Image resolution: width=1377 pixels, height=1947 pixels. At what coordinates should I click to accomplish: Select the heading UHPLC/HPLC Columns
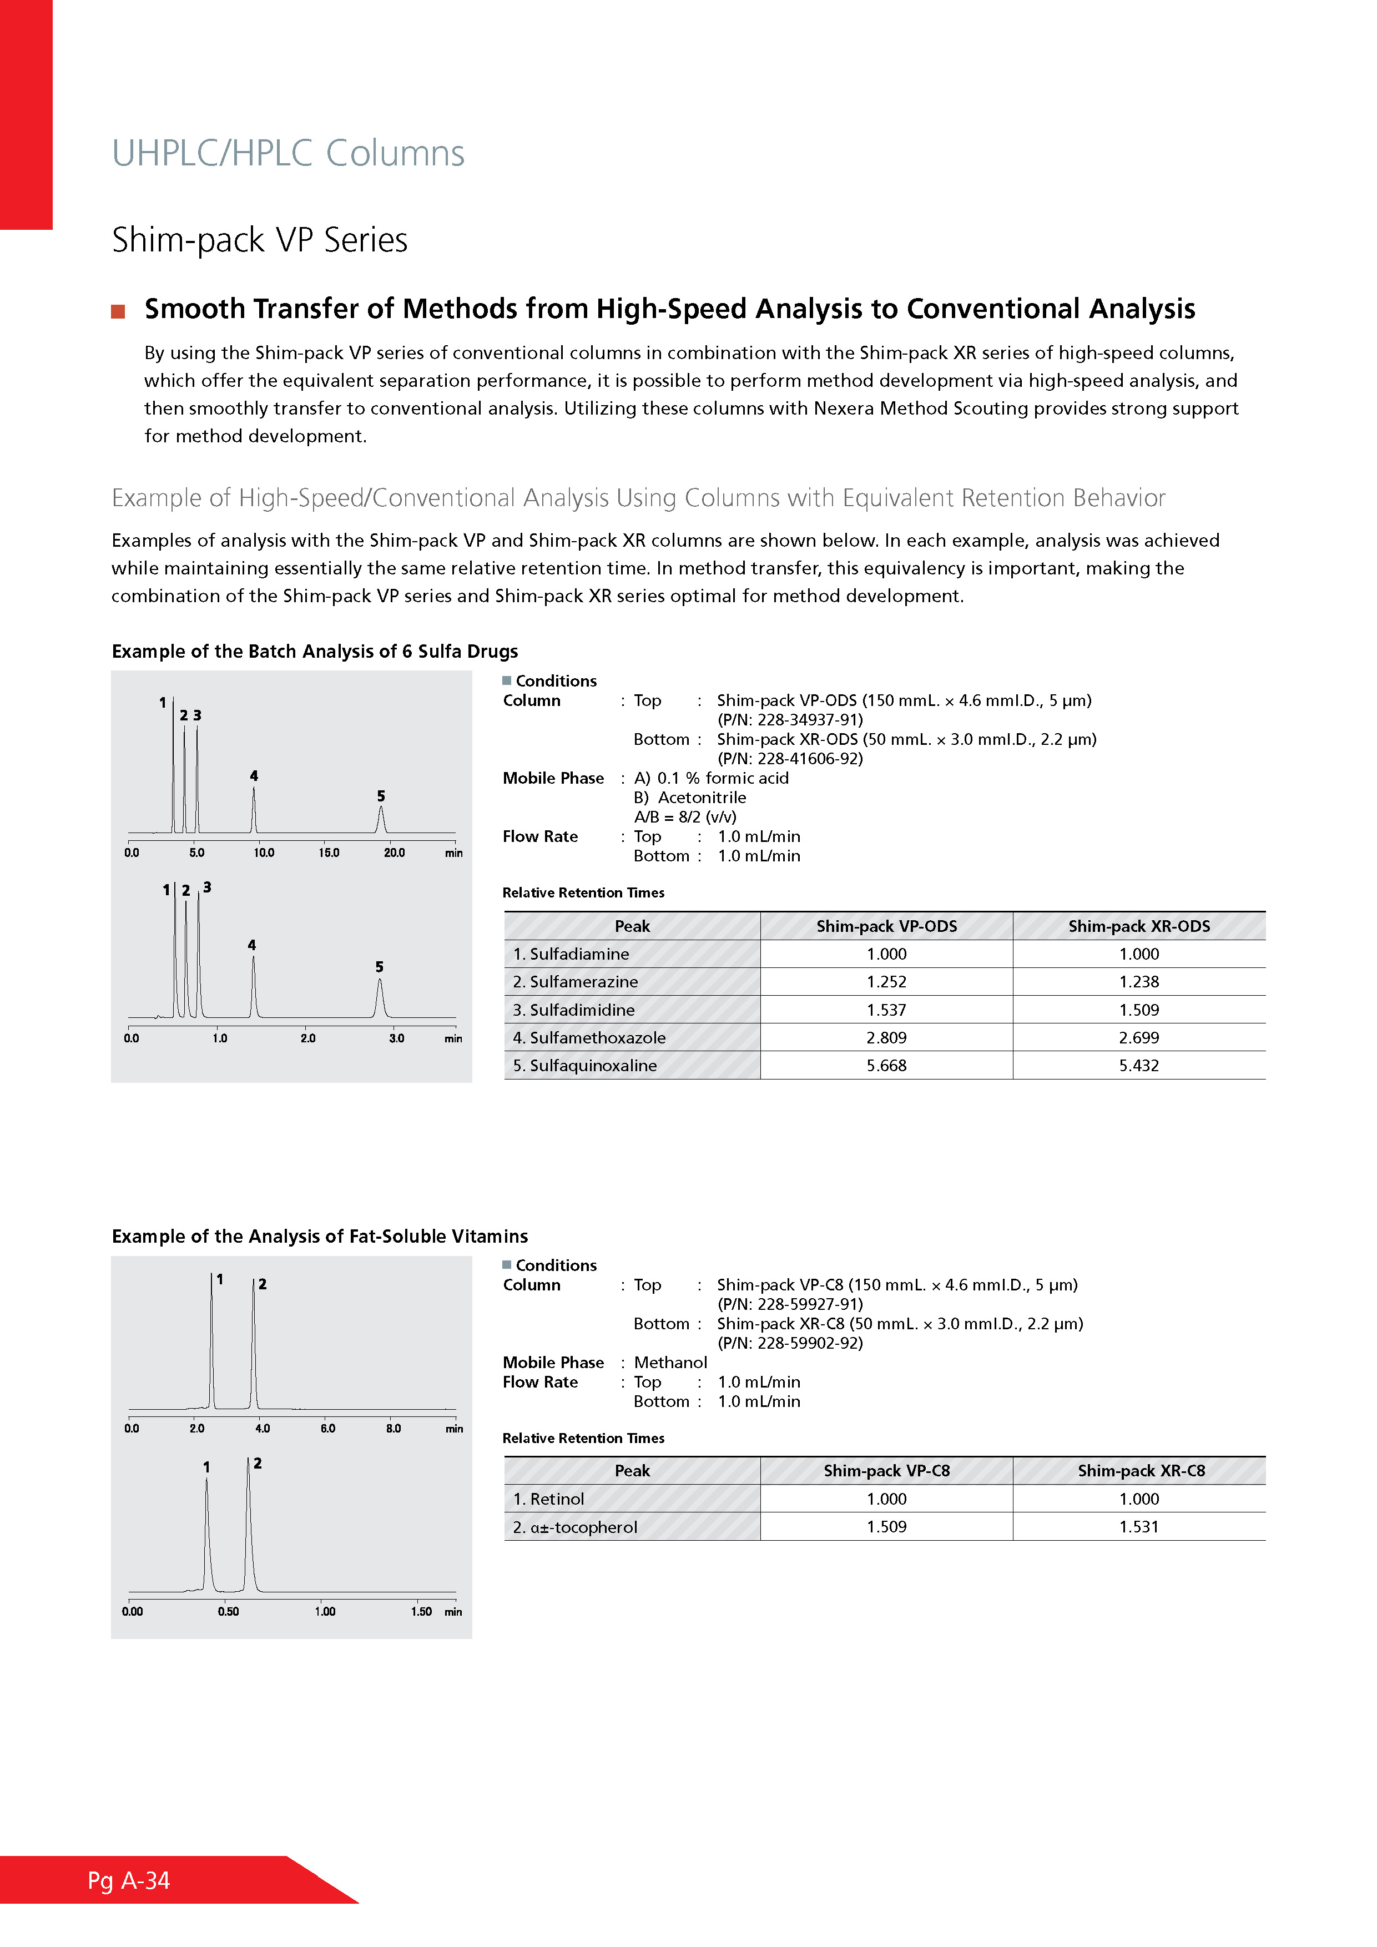288,154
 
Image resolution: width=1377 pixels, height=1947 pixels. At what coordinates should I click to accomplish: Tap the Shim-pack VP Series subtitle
259,240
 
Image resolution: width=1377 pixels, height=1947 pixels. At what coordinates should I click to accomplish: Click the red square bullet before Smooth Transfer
119,311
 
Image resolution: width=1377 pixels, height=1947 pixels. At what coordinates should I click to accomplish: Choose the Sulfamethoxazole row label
589,1038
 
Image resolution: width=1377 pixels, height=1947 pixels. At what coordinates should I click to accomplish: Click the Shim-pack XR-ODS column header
1139,926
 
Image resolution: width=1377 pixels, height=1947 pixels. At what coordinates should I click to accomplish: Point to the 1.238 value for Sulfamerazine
1139,982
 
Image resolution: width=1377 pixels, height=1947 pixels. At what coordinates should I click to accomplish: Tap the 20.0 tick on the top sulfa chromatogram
394,853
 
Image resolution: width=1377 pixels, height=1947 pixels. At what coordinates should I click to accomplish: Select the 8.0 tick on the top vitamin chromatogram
394,1429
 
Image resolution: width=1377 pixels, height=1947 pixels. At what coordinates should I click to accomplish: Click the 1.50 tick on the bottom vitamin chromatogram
421,1612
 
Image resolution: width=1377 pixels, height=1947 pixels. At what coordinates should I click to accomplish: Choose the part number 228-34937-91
790,720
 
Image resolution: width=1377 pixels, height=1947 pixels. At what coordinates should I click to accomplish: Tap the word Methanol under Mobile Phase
670,1363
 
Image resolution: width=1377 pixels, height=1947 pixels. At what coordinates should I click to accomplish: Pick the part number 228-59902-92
790,1343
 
